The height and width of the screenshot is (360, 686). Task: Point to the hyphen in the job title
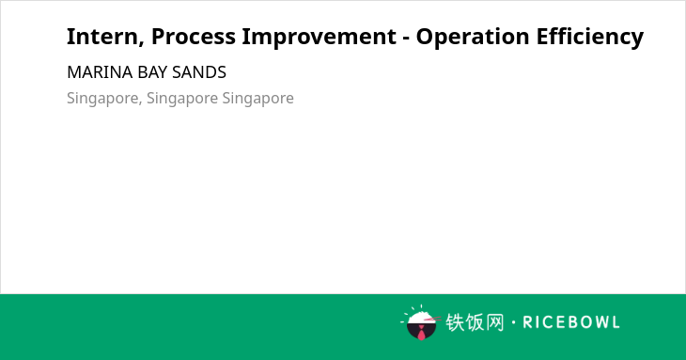click(x=406, y=39)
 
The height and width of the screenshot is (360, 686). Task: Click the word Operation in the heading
click(x=473, y=38)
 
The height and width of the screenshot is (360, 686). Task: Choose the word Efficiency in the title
click(x=590, y=38)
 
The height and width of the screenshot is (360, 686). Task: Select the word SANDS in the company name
click(x=199, y=72)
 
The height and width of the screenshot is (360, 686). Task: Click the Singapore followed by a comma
click(x=104, y=99)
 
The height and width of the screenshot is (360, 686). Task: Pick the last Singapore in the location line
click(x=257, y=99)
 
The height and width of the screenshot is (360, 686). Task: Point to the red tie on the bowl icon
click(x=421, y=333)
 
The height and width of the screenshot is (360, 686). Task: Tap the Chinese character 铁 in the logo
click(x=455, y=322)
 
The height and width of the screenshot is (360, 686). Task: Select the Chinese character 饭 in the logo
click(x=475, y=322)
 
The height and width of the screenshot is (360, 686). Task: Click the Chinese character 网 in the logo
click(x=495, y=322)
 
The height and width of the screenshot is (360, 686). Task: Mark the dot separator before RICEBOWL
click(x=513, y=322)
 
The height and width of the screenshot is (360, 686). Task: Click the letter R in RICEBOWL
click(x=527, y=322)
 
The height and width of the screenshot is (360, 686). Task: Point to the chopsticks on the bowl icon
click(x=432, y=320)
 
